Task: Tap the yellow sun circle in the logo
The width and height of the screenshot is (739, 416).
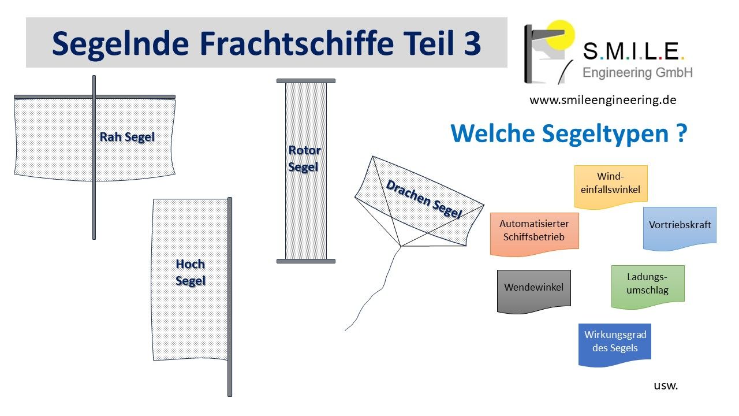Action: coord(560,35)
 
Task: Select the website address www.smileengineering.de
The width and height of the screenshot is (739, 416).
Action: coord(603,100)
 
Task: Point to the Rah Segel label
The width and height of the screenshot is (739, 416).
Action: coord(127,137)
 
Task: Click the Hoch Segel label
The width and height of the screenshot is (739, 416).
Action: coord(191,272)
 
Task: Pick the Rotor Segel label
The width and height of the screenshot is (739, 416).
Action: coord(304,158)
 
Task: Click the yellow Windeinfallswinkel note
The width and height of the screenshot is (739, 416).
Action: coord(611,187)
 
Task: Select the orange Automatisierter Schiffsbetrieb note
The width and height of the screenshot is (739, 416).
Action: coord(535,234)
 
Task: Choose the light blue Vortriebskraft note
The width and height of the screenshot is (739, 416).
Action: coord(680,228)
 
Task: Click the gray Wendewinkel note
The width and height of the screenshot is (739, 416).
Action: coord(534,291)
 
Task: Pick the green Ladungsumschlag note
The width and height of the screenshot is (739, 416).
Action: coord(648,287)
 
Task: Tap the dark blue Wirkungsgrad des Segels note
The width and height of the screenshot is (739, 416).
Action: coord(615,345)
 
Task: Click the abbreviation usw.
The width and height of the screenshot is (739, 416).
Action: coord(666,385)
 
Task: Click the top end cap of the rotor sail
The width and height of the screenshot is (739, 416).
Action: coord(306,81)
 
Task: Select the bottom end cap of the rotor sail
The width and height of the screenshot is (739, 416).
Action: coord(306,261)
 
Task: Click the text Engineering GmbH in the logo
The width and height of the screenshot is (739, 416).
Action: coord(637,73)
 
